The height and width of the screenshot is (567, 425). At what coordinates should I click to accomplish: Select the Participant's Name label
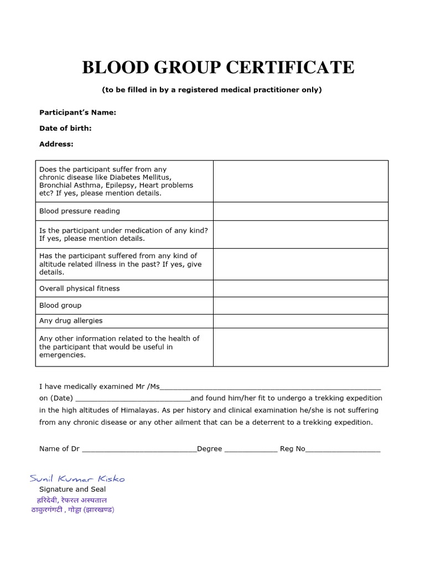coord(77,112)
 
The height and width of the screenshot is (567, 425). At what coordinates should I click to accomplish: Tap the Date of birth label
coord(65,128)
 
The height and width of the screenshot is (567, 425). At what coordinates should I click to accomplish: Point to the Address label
coord(56,144)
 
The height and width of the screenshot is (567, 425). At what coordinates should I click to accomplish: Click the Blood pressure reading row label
coord(79,211)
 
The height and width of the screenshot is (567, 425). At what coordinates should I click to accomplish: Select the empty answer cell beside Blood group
coord(300,305)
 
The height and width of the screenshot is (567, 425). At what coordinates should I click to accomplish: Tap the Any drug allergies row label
coord(71,321)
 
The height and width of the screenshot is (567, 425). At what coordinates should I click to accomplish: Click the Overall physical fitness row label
coord(79,288)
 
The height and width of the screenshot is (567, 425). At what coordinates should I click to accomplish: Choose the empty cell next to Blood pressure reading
coord(300,211)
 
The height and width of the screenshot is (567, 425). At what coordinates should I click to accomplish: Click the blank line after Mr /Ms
coord(270,386)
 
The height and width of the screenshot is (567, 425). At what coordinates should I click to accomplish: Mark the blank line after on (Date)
coord(132,399)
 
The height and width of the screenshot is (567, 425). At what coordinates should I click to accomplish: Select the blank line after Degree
coord(251,449)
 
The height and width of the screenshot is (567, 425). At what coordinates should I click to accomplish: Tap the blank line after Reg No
coord(343,449)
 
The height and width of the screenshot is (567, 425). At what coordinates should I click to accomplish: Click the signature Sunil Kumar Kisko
coord(77,478)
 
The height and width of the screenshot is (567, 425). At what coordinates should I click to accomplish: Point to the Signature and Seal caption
coord(72,489)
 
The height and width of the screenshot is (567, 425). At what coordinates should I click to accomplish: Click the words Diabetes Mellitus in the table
coord(136,177)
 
